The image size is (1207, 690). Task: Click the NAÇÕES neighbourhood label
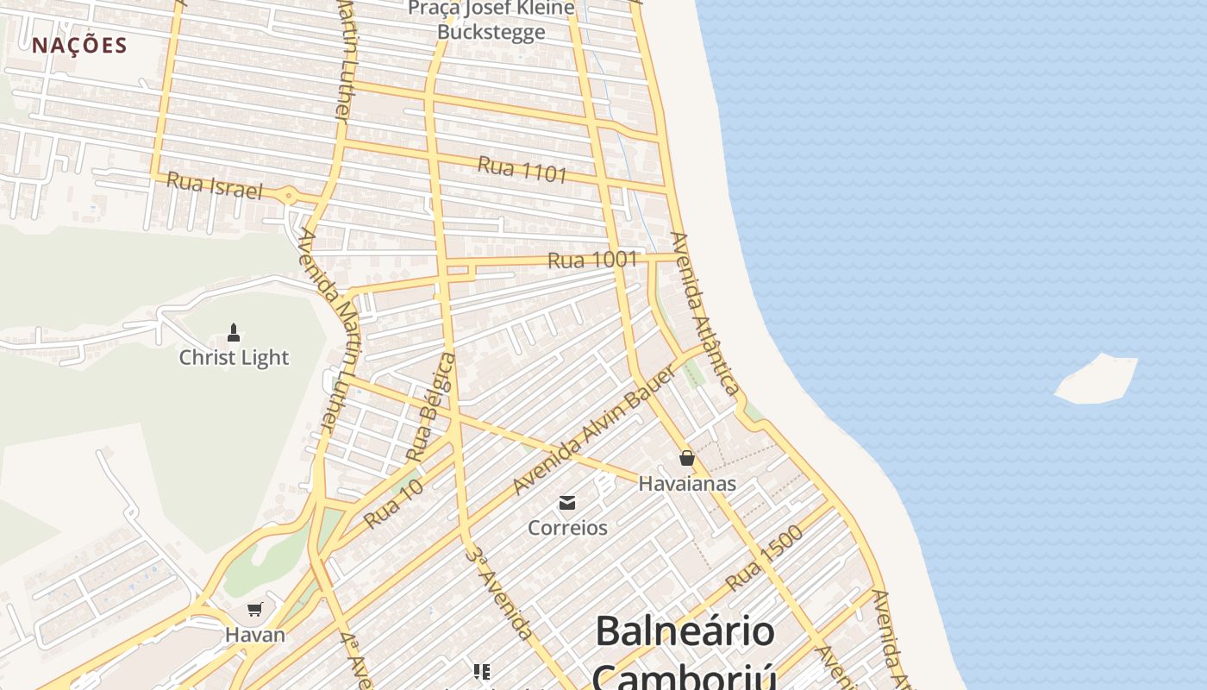point(79,46)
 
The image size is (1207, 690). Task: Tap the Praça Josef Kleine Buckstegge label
point(491,20)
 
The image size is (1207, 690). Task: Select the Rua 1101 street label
point(522,169)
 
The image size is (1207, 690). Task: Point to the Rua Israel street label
point(214,185)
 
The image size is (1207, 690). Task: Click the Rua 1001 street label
point(592,260)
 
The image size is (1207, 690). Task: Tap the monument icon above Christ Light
point(233,332)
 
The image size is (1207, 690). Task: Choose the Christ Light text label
point(234,357)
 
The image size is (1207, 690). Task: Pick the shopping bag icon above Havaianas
point(686,458)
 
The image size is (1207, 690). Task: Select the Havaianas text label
point(687,484)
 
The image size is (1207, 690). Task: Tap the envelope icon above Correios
point(567,502)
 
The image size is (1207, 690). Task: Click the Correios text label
point(567,528)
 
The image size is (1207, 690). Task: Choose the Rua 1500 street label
point(764,558)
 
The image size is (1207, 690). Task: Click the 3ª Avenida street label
point(499,592)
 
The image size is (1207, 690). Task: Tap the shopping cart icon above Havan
point(254,610)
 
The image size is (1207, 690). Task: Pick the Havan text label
point(254,635)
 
